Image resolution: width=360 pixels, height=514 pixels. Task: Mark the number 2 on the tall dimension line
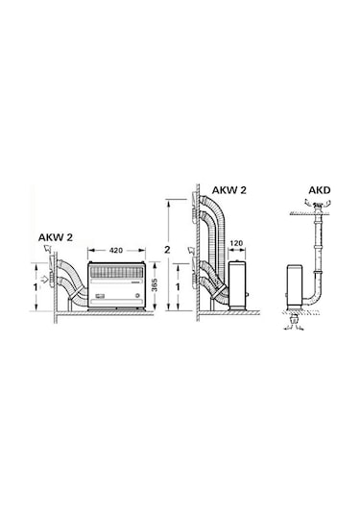(x=168, y=250)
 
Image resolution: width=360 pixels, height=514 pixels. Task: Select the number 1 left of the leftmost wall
(x=36, y=286)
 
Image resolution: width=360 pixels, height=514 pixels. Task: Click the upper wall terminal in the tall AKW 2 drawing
(x=195, y=203)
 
